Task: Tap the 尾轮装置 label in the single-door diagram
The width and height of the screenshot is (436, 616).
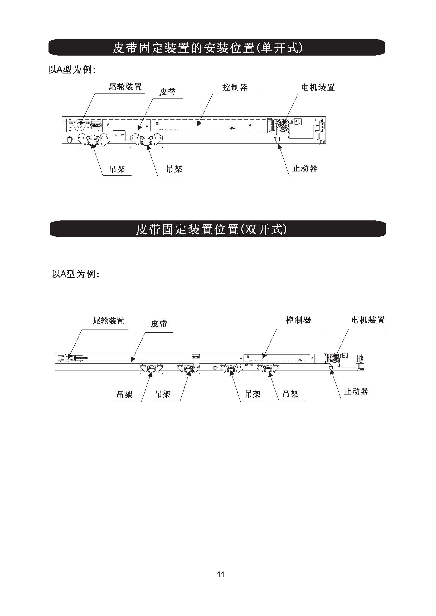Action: tap(125, 87)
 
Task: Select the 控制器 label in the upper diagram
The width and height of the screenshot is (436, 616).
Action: tap(235, 87)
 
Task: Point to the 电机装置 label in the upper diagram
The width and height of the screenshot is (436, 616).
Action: tap(318, 87)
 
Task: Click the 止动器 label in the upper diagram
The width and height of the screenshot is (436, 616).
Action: tap(305, 169)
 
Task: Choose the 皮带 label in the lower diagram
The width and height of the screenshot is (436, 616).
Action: tap(159, 324)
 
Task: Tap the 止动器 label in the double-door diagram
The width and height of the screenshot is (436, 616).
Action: tap(356, 391)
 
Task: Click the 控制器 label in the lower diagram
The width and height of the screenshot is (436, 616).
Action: tap(299, 320)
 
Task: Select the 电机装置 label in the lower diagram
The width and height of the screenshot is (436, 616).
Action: tap(368, 320)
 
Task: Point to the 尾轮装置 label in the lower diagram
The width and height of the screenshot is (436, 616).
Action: tap(108, 321)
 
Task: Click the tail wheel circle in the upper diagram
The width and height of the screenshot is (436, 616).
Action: tap(79, 125)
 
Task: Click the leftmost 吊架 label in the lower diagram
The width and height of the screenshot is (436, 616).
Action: tap(125, 394)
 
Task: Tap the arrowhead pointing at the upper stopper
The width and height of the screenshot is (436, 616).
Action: tap(279, 146)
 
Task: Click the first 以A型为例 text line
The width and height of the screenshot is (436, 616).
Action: tap(72, 70)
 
